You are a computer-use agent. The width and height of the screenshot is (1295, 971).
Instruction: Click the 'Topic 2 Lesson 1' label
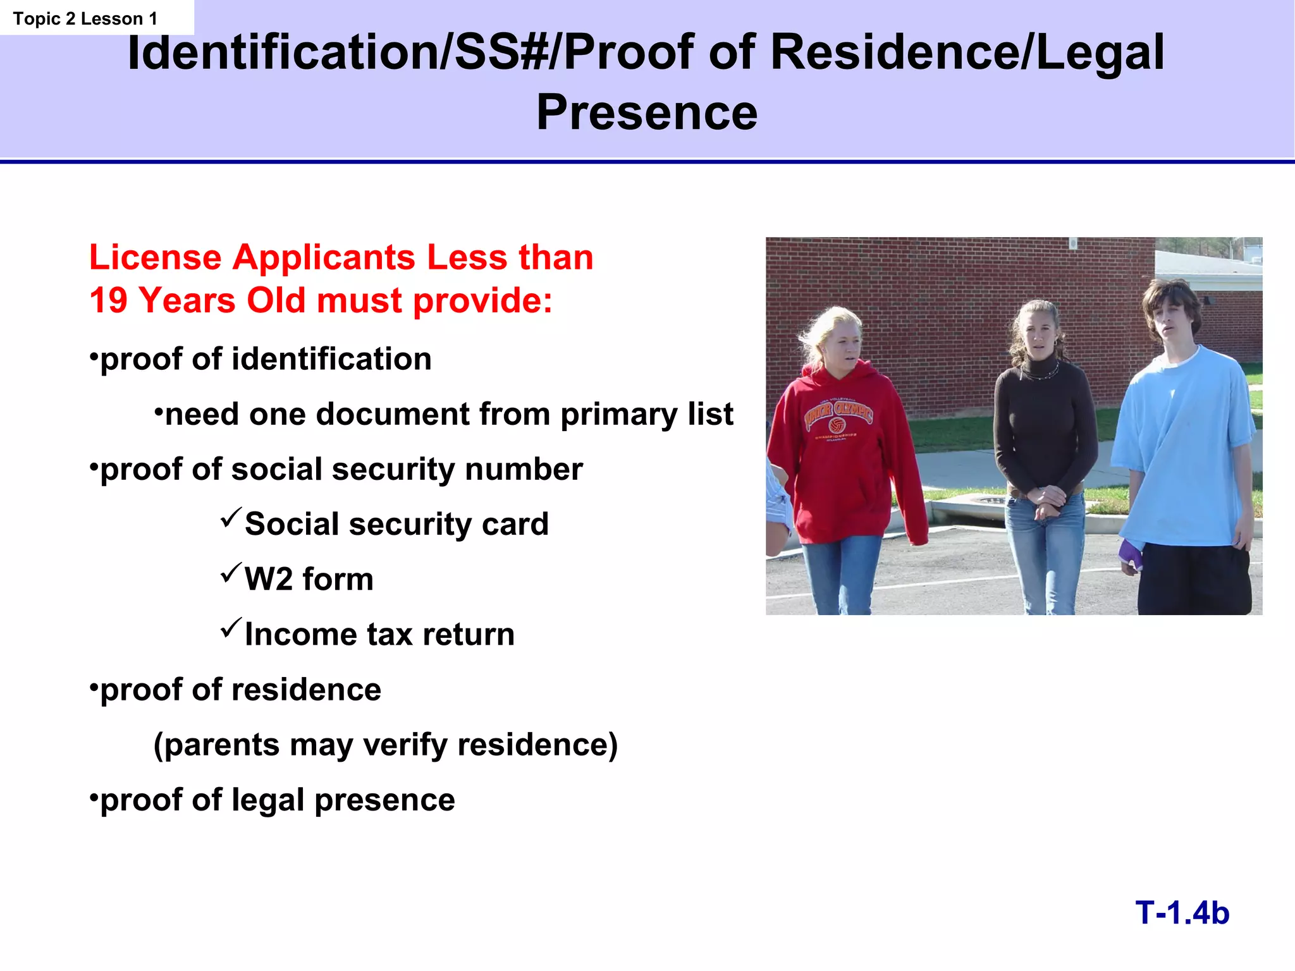tap(85, 19)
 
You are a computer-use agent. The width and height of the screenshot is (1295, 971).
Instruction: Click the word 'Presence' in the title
tap(647, 113)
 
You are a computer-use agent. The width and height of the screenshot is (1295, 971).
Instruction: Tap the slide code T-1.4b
tap(1182, 913)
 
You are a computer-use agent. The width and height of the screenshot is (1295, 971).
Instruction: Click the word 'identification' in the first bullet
tap(331, 359)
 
